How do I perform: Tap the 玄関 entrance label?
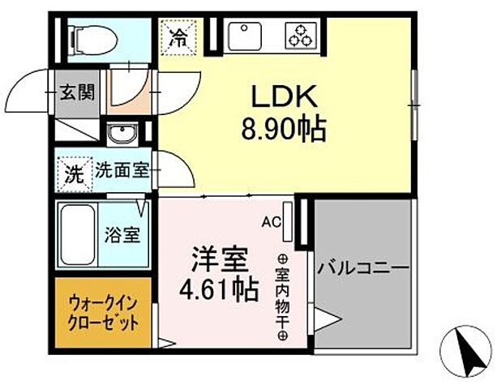click(75, 92)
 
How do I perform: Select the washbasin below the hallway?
click(123, 134)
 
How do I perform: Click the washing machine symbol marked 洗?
click(73, 173)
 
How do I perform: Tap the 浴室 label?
click(123, 237)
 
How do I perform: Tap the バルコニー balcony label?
click(363, 267)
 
